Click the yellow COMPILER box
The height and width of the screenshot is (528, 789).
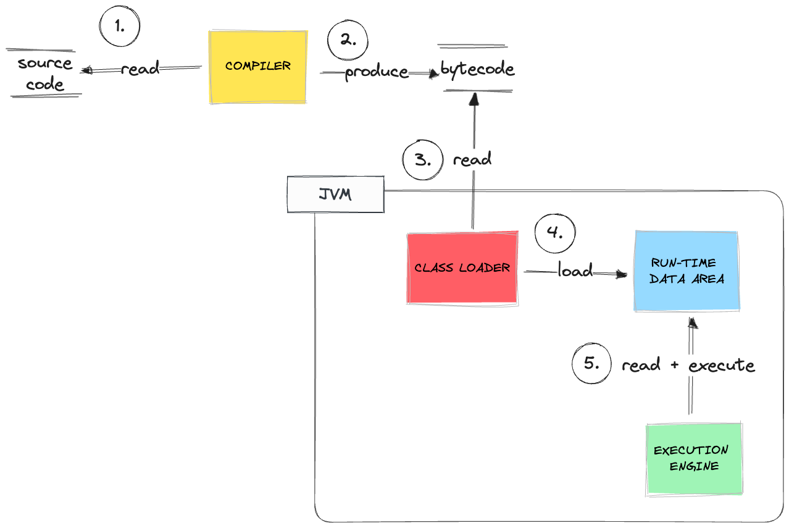[x=258, y=67]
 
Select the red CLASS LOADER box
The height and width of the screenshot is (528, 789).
[x=462, y=268]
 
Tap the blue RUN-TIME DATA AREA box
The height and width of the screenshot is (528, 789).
[x=687, y=271]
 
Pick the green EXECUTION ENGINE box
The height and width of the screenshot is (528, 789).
[x=693, y=458]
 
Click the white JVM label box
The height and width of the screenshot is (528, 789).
[x=335, y=195]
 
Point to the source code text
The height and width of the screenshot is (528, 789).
[x=45, y=73]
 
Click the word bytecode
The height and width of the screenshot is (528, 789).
[x=477, y=69]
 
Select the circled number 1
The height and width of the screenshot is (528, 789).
[x=120, y=27]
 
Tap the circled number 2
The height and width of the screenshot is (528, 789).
[x=348, y=41]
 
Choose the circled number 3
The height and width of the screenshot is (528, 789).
[x=423, y=161]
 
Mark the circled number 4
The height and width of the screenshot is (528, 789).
[x=555, y=234]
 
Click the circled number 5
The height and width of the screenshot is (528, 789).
[x=591, y=364]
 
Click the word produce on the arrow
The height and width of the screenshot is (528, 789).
[x=376, y=72]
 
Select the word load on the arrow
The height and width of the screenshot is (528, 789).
[x=575, y=270]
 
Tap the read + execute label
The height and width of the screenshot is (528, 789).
[x=688, y=365]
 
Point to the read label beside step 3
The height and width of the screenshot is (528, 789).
[x=472, y=160]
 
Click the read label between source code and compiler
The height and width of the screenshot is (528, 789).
[x=140, y=69]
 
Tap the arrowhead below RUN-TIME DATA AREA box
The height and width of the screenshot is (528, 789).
[x=693, y=323]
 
